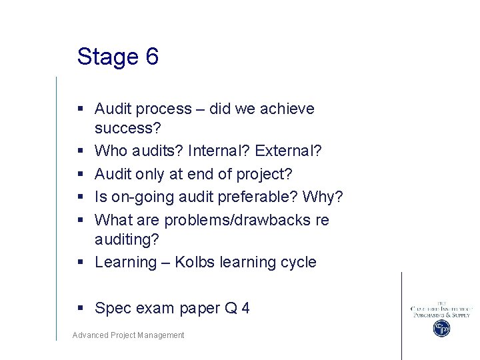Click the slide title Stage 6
[117, 57]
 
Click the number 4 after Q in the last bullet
[245, 308]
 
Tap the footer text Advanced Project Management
[128, 335]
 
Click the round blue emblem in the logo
[441, 328]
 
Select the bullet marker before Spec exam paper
[80, 308]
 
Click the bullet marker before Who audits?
[80, 151]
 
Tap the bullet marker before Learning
[80, 262]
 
